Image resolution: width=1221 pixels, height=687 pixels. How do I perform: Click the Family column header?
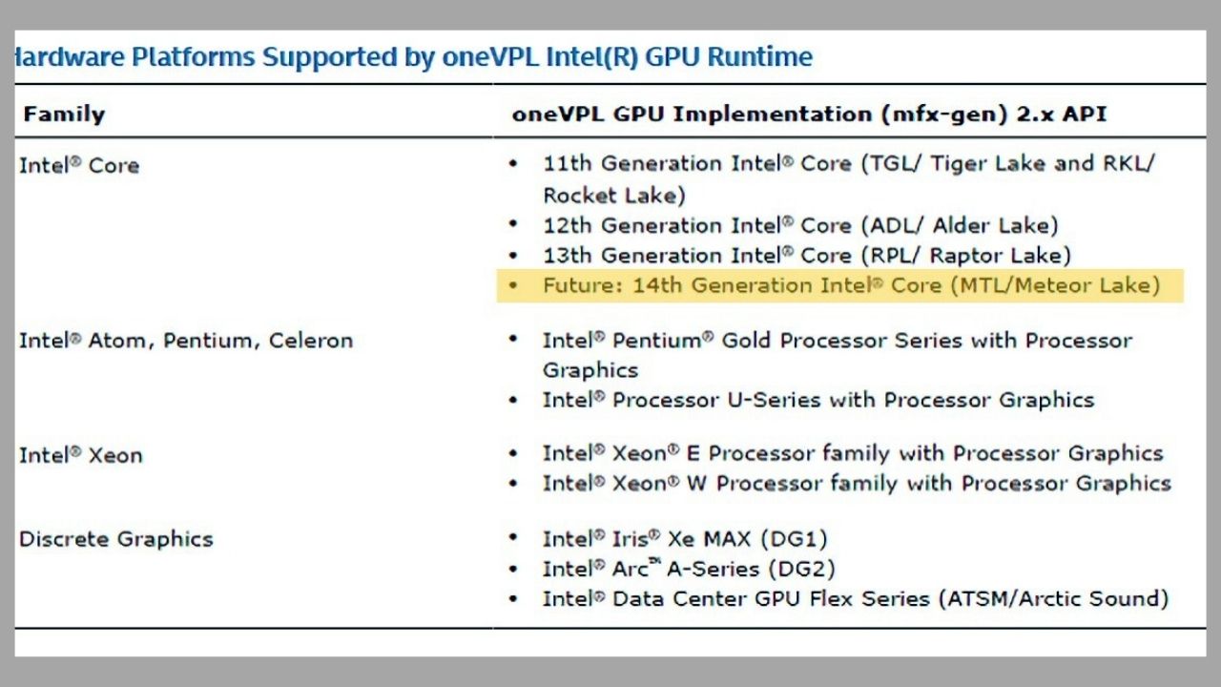pos(64,114)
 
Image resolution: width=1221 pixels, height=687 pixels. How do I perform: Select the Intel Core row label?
pos(79,165)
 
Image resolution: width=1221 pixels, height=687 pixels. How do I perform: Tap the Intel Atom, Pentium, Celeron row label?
pos(186,341)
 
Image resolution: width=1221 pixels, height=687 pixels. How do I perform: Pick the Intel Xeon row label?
pos(81,455)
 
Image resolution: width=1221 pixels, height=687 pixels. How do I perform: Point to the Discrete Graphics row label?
pos(116,539)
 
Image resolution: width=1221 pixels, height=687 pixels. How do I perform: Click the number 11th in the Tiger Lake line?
pos(568,163)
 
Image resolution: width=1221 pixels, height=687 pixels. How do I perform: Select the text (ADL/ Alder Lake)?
pos(960,226)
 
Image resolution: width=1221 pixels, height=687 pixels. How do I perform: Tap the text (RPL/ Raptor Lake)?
pos(966,256)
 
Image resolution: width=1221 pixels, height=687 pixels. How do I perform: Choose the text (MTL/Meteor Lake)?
pos(1055,285)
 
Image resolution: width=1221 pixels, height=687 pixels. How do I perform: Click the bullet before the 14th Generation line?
pos(513,284)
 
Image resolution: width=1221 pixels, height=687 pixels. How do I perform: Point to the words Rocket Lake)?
pos(614,196)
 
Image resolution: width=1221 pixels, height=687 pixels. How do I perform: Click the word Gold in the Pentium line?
pos(746,341)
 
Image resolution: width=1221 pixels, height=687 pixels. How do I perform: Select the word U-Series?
pos(774,400)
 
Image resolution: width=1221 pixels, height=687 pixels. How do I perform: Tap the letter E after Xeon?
pos(693,453)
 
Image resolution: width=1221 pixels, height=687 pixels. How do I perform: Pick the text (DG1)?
pos(794,539)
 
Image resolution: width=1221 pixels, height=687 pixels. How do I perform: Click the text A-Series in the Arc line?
pos(713,570)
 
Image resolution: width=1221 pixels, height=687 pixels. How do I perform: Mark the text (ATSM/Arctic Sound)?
pos(1053,598)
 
